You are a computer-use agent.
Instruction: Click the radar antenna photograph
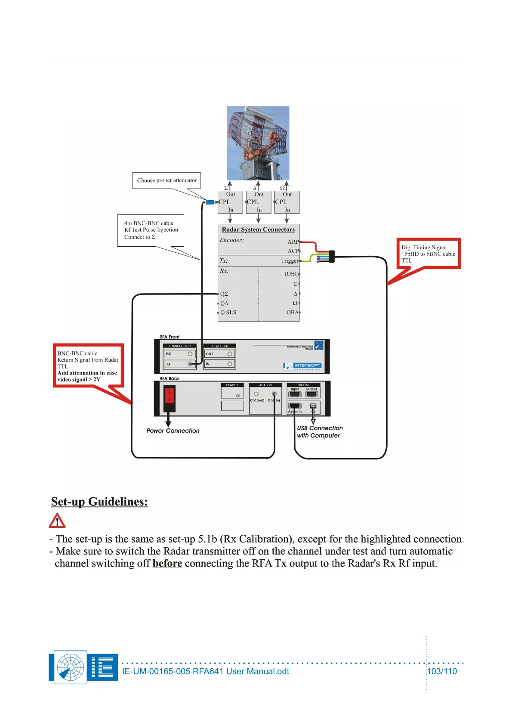(258, 143)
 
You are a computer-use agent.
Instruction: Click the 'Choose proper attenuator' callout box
(167, 180)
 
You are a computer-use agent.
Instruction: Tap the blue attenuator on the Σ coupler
(210, 202)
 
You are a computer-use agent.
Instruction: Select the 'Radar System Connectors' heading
(258, 229)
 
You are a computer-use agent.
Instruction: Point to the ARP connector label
(293, 242)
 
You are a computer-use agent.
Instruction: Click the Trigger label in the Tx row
(290, 261)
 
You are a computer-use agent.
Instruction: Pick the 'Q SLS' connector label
(228, 313)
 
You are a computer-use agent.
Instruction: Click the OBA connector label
(292, 313)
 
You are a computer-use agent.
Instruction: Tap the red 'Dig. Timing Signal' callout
(429, 254)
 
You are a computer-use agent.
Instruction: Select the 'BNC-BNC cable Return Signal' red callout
(88, 366)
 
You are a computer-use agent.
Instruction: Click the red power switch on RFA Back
(170, 396)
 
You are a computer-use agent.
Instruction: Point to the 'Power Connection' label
(173, 431)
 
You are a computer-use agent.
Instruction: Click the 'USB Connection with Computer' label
(320, 432)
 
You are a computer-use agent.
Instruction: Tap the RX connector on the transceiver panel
(190, 354)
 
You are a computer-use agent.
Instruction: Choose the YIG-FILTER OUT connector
(230, 354)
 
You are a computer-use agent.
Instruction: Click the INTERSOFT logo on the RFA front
(302, 366)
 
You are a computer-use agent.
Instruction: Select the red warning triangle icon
(57, 521)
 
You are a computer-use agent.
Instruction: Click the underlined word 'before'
(167, 564)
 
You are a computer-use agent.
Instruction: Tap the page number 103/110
(442, 671)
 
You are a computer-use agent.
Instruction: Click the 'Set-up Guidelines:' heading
(99, 502)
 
